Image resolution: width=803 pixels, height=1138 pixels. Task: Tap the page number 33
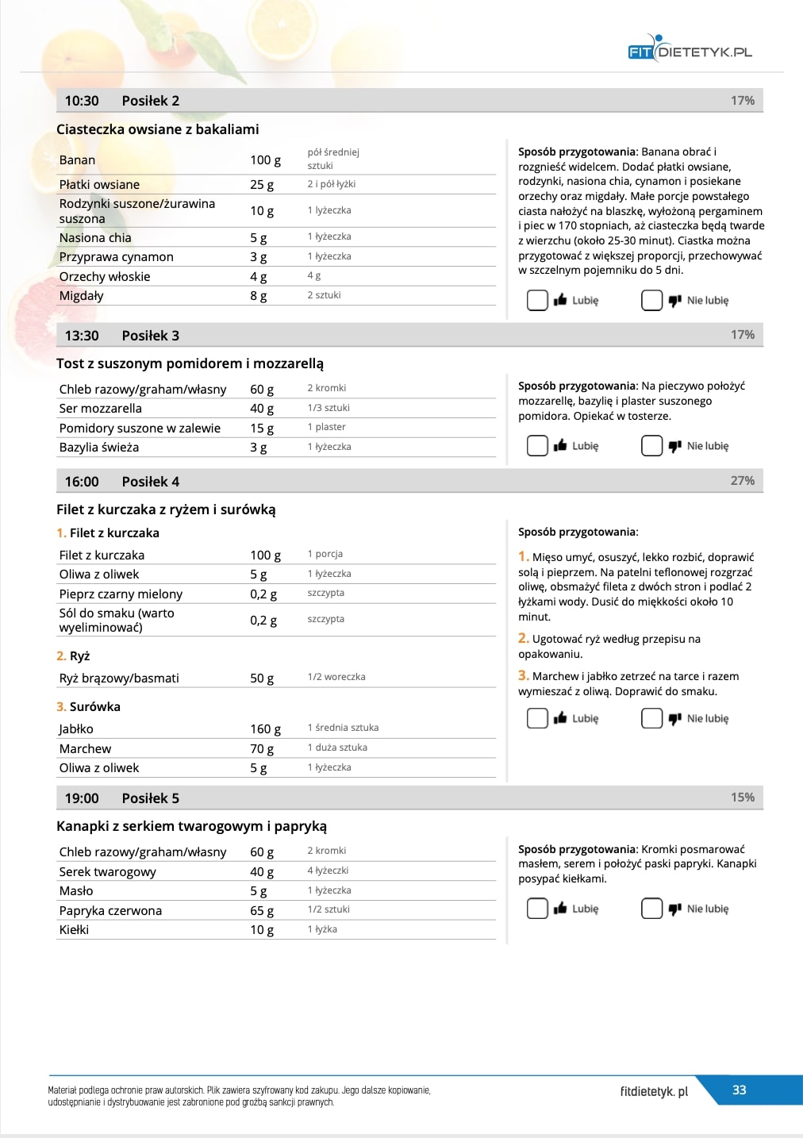(x=739, y=1090)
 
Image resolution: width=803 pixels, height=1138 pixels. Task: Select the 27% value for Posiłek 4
(x=742, y=481)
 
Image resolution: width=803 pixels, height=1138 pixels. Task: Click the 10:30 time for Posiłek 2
(x=82, y=101)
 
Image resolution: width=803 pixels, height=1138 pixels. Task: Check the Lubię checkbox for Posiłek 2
(x=537, y=300)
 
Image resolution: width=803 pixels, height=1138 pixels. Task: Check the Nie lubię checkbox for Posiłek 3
(x=651, y=446)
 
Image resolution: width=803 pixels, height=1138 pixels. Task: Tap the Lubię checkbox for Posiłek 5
(x=537, y=909)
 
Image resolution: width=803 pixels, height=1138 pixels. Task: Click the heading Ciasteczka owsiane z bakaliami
(x=157, y=129)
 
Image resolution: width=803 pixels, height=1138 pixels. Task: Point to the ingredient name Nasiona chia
(x=95, y=237)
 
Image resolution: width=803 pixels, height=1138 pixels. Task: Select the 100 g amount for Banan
(x=265, y=160)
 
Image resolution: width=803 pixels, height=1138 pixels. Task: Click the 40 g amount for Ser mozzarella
(x=262, y=408)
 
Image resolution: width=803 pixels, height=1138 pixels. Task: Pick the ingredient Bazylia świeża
(x=99, y=447)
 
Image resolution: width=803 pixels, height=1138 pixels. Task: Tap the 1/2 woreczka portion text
(x=336, y=677)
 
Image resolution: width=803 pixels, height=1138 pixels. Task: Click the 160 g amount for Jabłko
(x=265, y=729)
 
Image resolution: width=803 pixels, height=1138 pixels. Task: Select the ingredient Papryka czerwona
(x=110, y=910)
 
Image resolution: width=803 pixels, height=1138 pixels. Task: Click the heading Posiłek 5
(x=151, y=798)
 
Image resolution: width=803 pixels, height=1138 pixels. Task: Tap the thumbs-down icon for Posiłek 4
(x=675, y=718)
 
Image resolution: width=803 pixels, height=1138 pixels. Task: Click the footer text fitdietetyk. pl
(x=654, y=1091)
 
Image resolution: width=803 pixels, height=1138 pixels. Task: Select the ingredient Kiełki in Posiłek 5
(x=74, y=929)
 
